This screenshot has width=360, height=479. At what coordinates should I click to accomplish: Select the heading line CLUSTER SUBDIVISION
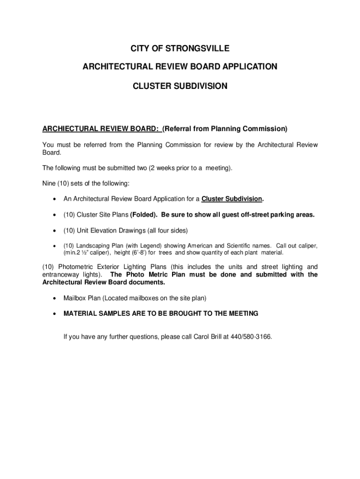(x=180, y=86)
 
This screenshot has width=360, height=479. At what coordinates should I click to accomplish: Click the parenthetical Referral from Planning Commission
(x=225, y=129)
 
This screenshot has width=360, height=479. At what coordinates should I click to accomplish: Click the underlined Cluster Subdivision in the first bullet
(x=231, y=199)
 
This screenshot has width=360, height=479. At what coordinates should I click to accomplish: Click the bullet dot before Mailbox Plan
(x=55, y=298)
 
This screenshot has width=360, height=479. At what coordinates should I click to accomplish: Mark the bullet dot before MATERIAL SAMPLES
(x=55, y=314)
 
